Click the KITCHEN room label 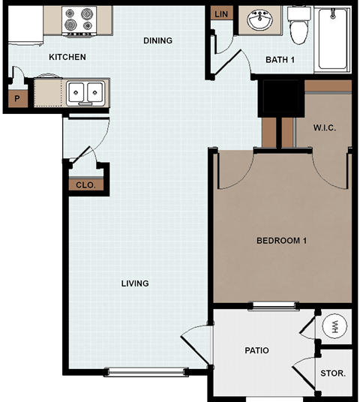[x=67, y=57]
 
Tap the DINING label [x=157, y=40]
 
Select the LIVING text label [x=135, y=283]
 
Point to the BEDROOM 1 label [x=282, y=241]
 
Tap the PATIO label [x=256, y=350]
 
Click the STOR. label [x=333, y=372]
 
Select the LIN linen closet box [x=222, y=15]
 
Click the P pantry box [x=16, y=98]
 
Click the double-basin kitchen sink [x=85, y=93]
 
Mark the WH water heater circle [x=334, y=326]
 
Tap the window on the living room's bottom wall [x=147, y=370]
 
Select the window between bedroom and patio [x=274, y=304]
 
